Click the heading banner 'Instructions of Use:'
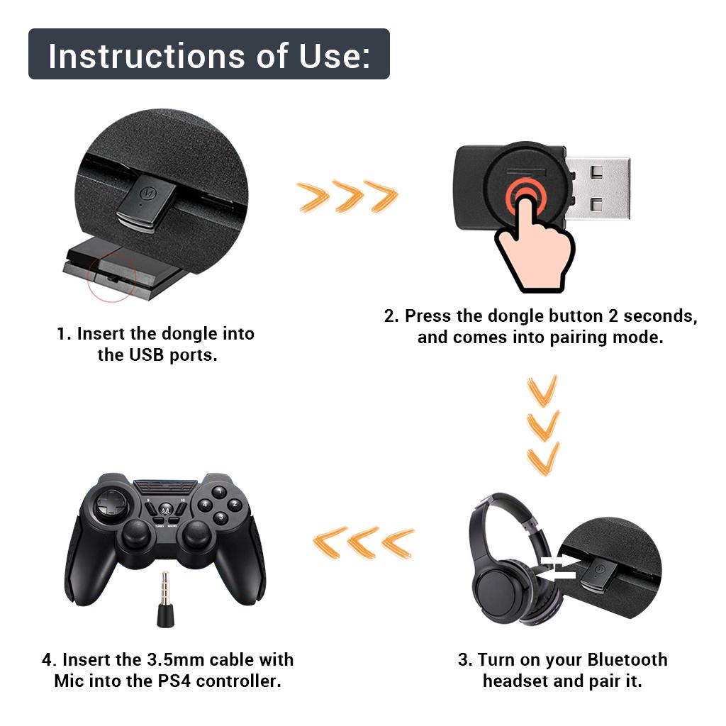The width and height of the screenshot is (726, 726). click(x=209, y=54)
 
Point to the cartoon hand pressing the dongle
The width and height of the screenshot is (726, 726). click(x=535, y=245)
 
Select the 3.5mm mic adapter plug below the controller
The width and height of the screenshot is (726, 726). click(x=164, y=600)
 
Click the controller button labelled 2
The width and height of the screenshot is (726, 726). click(x=235, y=504)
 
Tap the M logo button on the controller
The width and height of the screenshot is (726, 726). click(x=166, y=510)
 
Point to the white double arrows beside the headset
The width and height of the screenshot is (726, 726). click(x=559, y=568)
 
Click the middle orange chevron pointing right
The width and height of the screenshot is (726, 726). click(x=348, y=196)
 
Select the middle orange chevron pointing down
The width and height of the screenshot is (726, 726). click(x=543, y=425)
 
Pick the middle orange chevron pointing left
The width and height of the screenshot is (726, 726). click(x=363, y=542)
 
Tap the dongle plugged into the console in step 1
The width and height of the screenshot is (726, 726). click(x=147, y=203)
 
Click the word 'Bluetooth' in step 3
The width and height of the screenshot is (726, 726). click(x=627, y=659)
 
